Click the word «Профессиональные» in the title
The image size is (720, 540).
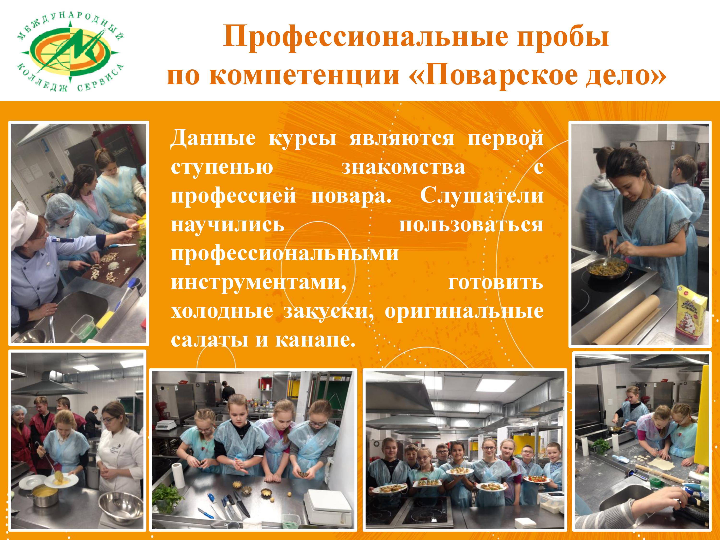click(x=365, y=37)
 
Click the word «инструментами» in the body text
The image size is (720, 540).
click(x=259, y=282)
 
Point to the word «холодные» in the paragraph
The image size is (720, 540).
click(x=222, y=311)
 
